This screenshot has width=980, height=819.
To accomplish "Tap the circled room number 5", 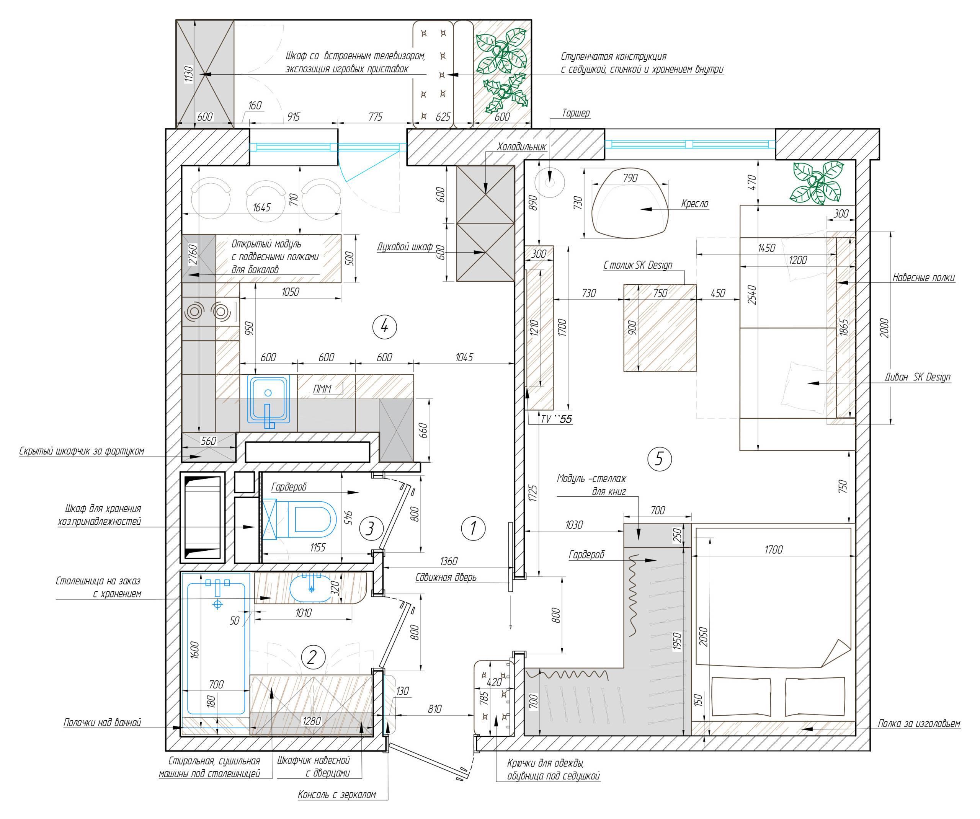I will [x=660, y=459].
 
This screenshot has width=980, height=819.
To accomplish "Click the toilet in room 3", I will [x=311, y=519].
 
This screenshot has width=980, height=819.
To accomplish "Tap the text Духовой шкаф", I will [x=405, y=247].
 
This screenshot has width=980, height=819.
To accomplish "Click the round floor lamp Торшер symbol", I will [x=550, y=183].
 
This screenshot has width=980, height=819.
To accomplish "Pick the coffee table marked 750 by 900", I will [x=660, y=328].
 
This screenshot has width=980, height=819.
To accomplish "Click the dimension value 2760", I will [x=193, y=255].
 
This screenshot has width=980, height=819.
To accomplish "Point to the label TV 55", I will [x=556, y=419].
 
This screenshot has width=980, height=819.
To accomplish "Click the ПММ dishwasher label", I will [x=322, y=389].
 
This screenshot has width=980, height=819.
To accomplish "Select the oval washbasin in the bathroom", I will [x=311, y=589].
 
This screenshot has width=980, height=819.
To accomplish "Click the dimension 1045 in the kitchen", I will [x=464, y=357].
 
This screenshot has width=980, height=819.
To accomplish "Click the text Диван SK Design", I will [x=918, y=377].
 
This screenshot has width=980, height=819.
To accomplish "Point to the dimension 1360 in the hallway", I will [x=449, y=561].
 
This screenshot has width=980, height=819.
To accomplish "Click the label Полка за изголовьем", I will [x=918, y=724].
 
